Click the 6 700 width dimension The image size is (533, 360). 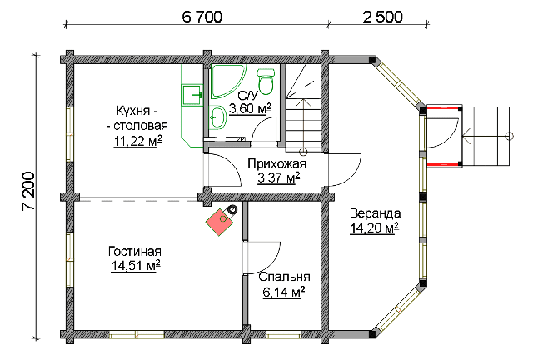[x=202, y=17]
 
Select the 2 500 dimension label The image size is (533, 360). [x=382, y=17]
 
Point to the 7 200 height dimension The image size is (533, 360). [x=29, y=191]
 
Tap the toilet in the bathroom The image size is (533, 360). [x=266, y=82]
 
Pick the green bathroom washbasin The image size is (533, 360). [x=217, y=117]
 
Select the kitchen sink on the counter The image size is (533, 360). [x=192, y=95]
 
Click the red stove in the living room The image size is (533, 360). [x=220, y=222]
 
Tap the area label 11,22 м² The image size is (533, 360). [x=137, y=141]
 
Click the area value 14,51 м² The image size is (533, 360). [x=136, y=266]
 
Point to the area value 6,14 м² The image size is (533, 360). [x=283, y=292]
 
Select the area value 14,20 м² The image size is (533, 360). [x=374, y=228]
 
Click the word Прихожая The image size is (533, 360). [x=276, y=164]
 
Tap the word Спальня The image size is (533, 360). [x=284, y=277]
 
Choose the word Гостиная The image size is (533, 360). [x=135, y=252]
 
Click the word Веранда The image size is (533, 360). [x=376, y=213]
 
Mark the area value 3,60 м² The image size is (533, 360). [x=250, y=109]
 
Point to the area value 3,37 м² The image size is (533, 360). [x=279, y=178]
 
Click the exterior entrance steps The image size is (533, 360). [x=486, y=136]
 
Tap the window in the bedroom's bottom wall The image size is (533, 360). [x=283, y=335]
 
